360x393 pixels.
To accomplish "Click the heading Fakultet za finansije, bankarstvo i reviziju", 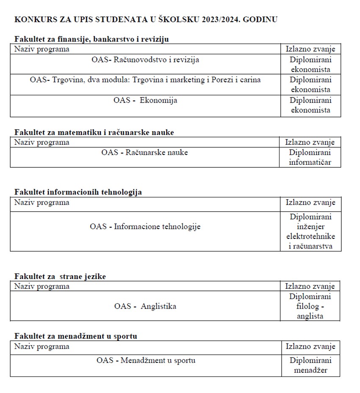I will pyautogui.click(x=91, y=39).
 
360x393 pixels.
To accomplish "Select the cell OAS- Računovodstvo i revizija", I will pyautogui.click(x=145, y=60).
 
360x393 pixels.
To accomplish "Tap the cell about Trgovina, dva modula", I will pyautogui.click(x=145, y=80).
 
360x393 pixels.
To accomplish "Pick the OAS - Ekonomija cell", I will pyautogui.click(x=145, y=100).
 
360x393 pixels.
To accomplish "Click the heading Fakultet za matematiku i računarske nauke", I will pyautogui.click(x=94, y=132).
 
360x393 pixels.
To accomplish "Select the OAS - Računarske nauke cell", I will pyautogui.click(x=144, y=152).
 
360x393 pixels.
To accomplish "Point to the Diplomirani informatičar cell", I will pyautogui.click(x=310, y=157).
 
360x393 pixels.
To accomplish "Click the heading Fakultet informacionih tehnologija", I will pyautogui.click(x=78, y=192).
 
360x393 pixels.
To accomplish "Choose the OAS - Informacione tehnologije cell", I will pyautogui.click(x=145, y=227).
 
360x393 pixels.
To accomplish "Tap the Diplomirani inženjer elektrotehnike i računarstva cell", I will pyautogui.click(x=310, y=231).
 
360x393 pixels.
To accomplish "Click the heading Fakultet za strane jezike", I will pyautogui.click(x=60, y=277).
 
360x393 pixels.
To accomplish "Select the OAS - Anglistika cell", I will pyautogui.click(x=145, y=306).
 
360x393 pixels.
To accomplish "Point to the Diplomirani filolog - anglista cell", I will pyautogui.click(x=310, y=306).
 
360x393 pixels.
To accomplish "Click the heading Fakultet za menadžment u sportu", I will pyautogui.click(x=75, y=336).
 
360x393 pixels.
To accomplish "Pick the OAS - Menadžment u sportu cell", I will pyautogui.click(x=146, y=361).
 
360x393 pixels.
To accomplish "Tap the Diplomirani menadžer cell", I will pyautogui.click(x=310, y=365).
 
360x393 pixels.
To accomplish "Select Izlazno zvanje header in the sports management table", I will pyautogui.click(x=310, y=347).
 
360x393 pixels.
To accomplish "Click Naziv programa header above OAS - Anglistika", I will pyautogui.click(x=42, y=287).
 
